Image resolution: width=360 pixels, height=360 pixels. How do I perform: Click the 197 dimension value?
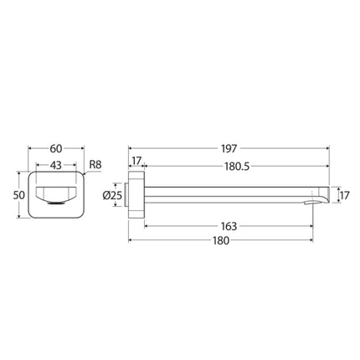229,149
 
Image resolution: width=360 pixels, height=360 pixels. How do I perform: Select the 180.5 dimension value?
237,167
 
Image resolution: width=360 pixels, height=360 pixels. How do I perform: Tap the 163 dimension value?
229,226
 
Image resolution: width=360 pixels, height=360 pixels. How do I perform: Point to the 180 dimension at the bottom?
221,240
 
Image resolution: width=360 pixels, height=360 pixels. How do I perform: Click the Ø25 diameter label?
112,195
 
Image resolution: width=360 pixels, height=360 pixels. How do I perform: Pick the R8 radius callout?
95,165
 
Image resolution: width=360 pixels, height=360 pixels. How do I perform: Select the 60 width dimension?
56,149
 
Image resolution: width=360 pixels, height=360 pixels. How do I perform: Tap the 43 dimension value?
56,166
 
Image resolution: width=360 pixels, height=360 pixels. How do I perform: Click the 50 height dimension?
19,195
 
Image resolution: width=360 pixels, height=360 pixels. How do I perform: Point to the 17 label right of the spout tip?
344,196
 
